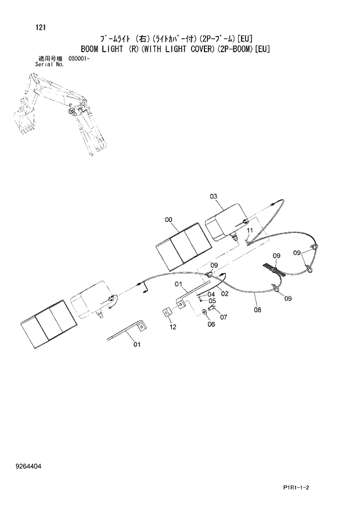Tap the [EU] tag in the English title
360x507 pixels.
pyautogui.click(x=261, y=49)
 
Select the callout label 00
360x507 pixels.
pyautogui.click(x=169, y=220)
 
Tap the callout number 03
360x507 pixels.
pyautogui.click(x=214, y=197)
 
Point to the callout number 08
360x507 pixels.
pyautogui.click(x=257, y=310)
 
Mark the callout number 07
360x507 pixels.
pyautogui.click(x=223, y=317)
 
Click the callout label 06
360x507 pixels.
pyautogui.click(x=211, y=324)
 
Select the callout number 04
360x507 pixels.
pyautogui.click(x=211, y=294)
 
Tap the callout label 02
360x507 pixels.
pyautogui.click(x=225, y=294)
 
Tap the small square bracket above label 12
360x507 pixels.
pyautogui.click(x=166, y=314)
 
